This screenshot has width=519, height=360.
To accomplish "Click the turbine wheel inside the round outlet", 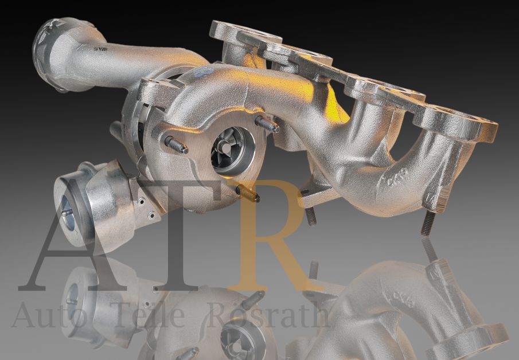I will click(x=232, y=150).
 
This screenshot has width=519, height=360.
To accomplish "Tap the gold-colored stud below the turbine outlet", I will click(x=248, y=194).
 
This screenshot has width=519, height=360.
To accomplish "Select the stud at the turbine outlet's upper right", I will click(x=267, y=124).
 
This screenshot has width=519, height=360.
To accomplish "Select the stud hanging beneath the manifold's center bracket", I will click(x=310, y=216).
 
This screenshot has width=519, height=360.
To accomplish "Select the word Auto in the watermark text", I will click(x=40, y=315).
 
